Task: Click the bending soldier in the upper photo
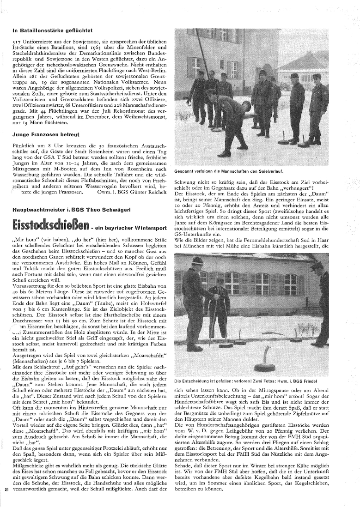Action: pos(224,118)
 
